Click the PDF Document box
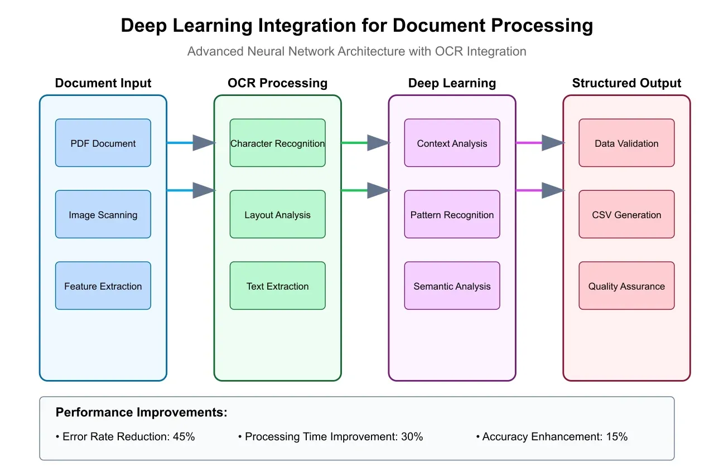[x=103, y=143]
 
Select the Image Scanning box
[x=103, y=214]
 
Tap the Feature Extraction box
[x=103, y=286]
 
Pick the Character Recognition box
[x=277, y=143]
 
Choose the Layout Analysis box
[x=277, y=214]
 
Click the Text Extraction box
[x=277, y=286]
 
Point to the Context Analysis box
[x=452, y=143]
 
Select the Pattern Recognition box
[x=452, y=214]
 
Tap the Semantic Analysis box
[x=452, y=286]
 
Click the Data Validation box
[x=626, y=143]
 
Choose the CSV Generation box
[x=626, y=214]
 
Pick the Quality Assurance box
[x=626, y=286]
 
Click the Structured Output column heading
[x=626, y=83]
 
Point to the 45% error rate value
[x=184, y=437]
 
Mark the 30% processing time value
[x=412, y=437]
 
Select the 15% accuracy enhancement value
[x=617, y=437]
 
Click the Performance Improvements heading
[x=142, y=412]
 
